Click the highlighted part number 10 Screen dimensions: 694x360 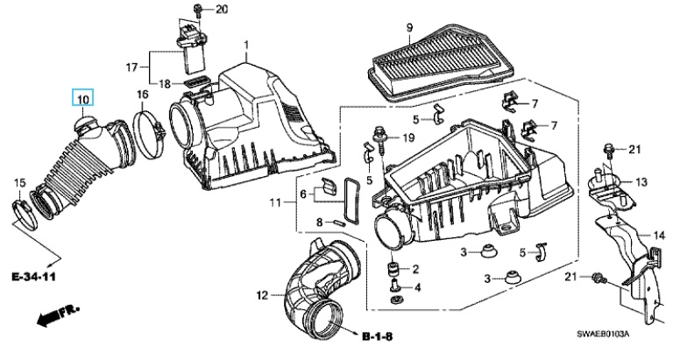click(x=83, y=98)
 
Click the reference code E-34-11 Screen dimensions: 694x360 click(x=33, y=278)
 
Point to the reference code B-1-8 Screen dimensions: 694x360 click(x=377, y=336)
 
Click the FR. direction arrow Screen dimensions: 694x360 click(x=58, y=314)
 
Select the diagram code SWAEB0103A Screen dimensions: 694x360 click(x=602, y=334)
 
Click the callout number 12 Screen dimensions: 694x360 click(x=263, y=294)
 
